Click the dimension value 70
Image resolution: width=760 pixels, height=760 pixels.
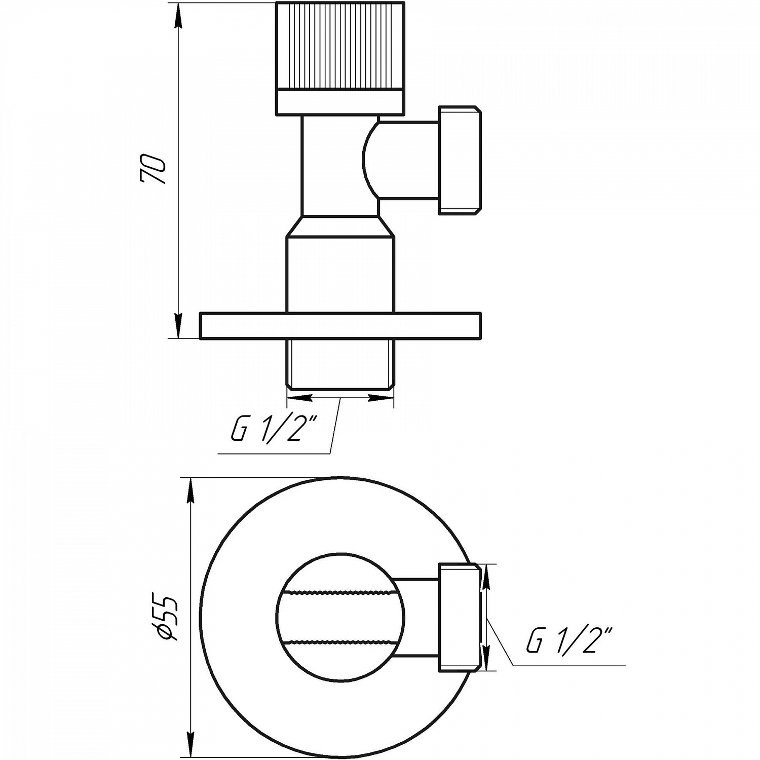coord(153,170)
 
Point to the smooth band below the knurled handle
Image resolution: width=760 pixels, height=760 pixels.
coord(340,102)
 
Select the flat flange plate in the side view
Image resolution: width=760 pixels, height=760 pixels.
coord(340,326)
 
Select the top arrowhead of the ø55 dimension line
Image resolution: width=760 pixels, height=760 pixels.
coord(191,489)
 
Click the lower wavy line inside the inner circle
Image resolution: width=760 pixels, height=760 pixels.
coord(340,641)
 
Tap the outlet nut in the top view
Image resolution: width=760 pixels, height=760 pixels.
coord(459,617)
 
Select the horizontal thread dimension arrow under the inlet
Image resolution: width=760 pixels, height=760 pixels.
coord(340,398)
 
